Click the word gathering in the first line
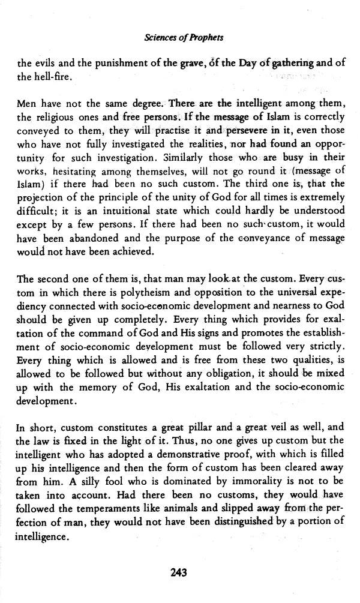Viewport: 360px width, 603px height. click(285, 63)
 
